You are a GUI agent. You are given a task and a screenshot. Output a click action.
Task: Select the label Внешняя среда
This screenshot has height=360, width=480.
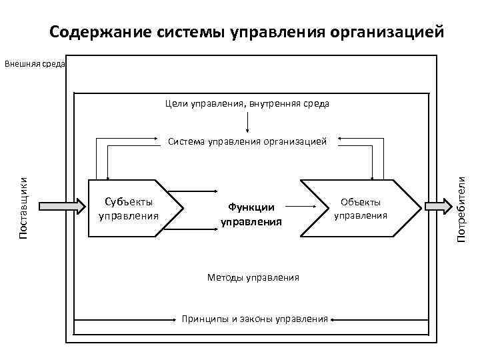click(x=34, y=65)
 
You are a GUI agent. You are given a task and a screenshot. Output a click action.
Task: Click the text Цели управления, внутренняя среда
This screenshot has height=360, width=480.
click(x=247, y=104)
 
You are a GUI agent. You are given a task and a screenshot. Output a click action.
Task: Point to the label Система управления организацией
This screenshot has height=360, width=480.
click(x=247, y=141)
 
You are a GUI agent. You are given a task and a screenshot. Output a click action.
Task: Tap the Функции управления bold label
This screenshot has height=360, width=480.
click(x=251, y=214)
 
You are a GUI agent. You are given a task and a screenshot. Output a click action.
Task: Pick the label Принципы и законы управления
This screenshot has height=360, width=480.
click(x=255, y=319)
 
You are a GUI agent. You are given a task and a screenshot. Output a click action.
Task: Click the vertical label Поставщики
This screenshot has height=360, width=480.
click(x=23, y=208)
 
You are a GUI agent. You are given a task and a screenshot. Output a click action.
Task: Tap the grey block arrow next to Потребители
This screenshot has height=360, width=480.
click(x=437, y=207)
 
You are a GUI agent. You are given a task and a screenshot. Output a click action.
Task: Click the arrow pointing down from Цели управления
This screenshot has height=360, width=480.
click(x=247, y=123)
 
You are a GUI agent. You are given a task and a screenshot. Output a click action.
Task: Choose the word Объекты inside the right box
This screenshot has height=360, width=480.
click(x=361, y=201)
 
